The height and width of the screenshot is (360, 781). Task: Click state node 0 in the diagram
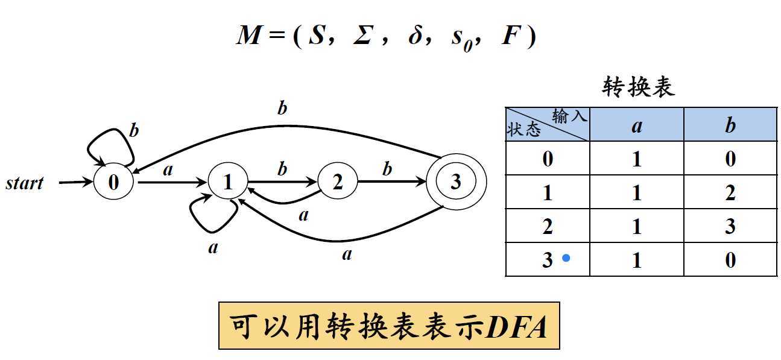point(113,182)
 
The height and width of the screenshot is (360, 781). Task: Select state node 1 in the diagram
point(228,182)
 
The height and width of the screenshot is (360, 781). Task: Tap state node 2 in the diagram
point(337,182)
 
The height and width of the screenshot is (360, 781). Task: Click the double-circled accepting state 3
point(455,182)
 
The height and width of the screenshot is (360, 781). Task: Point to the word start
point(25,183)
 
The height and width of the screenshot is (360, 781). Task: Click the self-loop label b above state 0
point(134,130)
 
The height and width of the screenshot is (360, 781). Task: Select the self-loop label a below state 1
point(212,247)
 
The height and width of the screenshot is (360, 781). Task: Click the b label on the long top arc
point(282,108)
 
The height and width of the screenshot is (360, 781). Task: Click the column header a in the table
point(637,125)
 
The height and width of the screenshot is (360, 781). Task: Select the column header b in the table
point(730,125)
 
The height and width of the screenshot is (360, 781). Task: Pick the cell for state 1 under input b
point(730,193)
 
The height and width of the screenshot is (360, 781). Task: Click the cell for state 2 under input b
point(730,227)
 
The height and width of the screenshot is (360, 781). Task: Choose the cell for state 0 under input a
point(637,159)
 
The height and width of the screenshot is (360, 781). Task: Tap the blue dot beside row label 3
point(566,258)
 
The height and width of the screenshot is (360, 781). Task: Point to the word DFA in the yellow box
point(517,327)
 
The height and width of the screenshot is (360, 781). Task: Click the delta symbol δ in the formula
point(415,37)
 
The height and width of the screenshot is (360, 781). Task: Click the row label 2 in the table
point(547,227)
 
